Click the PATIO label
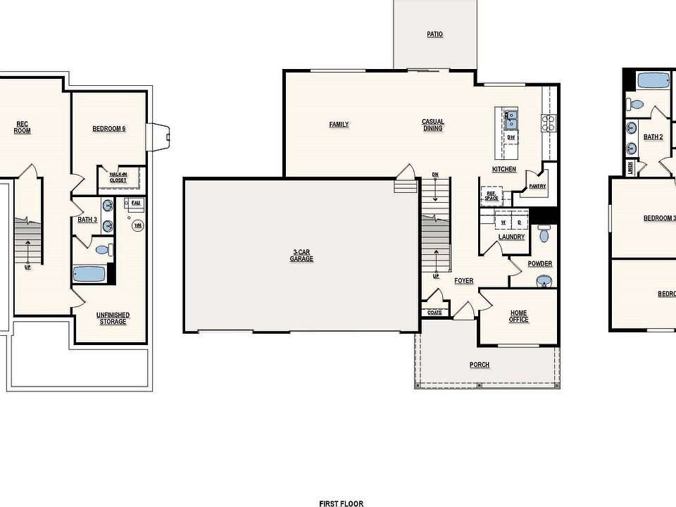(x=434, y=34)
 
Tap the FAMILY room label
(x=339, y=125)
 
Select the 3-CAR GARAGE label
(x=301, y=255)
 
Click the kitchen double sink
(x=511, y=120)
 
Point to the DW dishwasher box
(x=511, y=137)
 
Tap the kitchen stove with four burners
(x=548, y=123)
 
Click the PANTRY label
(x=537, y=186)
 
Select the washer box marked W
(x=503, y=222)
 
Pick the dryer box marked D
(x=520, y=222)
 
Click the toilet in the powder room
(x=544, y=234)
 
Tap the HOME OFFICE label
(x=519, y=316)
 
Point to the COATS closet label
(x=434, y=313)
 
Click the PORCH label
(x=480, y=365)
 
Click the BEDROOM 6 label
(x=109, y=129)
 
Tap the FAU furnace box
(x=136, y=204)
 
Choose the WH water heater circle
(x=138, y=225)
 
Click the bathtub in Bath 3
(x=89, y=273)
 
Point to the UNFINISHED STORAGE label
(x=113, y=318)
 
